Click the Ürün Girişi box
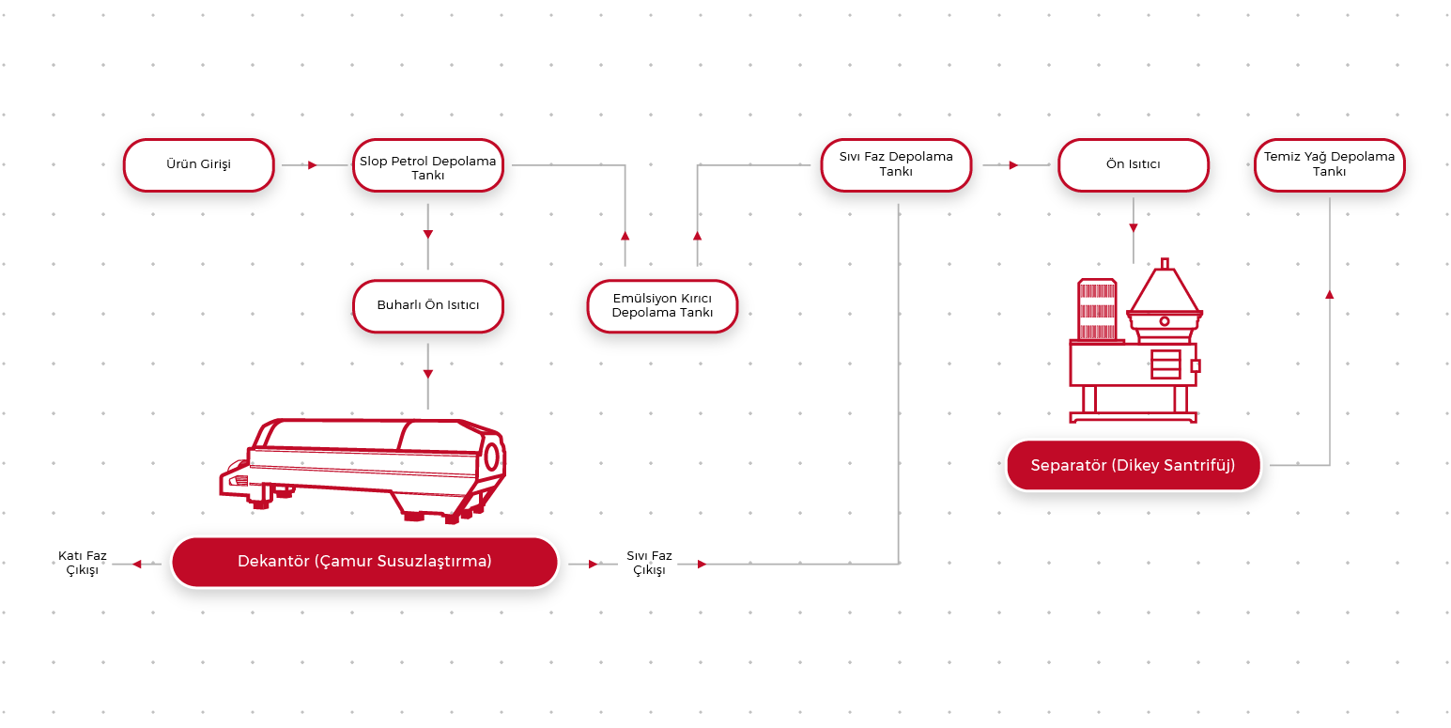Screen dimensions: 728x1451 pyautogui.click(x=198, y=165)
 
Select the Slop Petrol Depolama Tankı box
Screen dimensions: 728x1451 pyautogui.click(x=427, y=167)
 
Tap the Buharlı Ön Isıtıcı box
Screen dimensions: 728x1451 pyautogui.click(x=427, y=306)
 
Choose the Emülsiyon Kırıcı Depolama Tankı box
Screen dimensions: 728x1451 pyautogui.click(x=662, y=306)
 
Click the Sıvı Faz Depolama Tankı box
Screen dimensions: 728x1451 pyautogui.click(x=896, y=164)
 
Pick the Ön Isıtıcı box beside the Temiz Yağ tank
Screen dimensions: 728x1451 pyautogui.click(x=1133, y=165)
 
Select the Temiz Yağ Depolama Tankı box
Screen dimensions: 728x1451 pyautogui.click(x=1329, y=164)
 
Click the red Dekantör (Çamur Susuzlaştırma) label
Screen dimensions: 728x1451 pyautogui.click(x=364, y=562)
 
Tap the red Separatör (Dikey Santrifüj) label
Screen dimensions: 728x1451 pyautogui.click(x=1133, y=465)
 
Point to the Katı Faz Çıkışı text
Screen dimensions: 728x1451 pyautogui.click(x=83, y=564)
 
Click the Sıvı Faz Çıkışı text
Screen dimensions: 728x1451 pyautogui.click(x=649, y=564)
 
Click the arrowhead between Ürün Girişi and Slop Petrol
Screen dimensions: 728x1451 pyautogui.click(x=312, y=165)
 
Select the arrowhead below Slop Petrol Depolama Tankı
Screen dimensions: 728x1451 pyautogui.click(x=428, y=233)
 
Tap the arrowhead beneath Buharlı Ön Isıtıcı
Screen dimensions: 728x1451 pyautogui.click(x=428, y=374)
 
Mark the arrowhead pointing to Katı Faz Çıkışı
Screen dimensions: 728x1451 pyautogui.click(x=137, y=565)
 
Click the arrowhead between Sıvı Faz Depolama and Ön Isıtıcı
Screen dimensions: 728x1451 pyautogui.click(x=1013, y=165)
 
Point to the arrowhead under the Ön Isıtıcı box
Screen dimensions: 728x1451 pyautogui.click(x=1134, y=228)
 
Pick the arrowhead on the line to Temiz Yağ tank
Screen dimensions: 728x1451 pyautogui.click(x=1329, y=294)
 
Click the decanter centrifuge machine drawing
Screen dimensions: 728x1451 pyautogui.click(x=366, y=465)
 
